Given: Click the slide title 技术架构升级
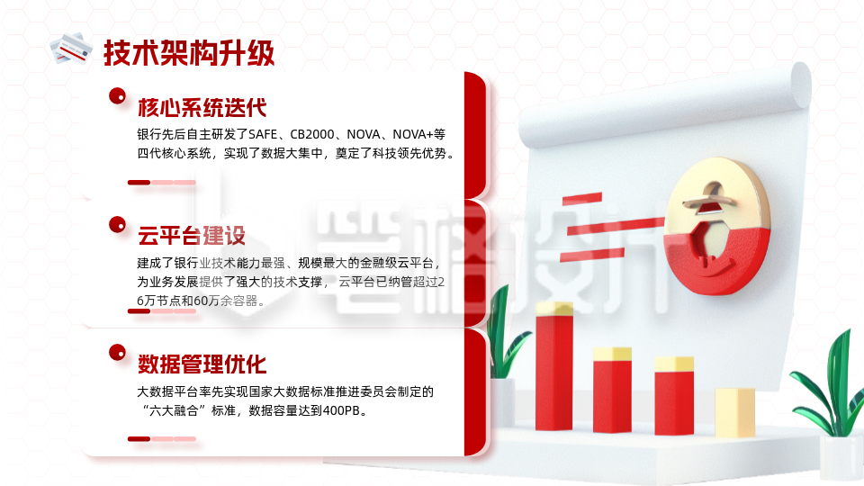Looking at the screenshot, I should point(188,52).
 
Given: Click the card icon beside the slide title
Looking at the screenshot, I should point(72,48).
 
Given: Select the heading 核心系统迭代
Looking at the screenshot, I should point(202,108).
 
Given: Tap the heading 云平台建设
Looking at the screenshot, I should point(191,237).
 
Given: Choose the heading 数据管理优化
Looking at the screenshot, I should point(202,364).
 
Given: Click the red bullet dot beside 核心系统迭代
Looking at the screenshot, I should point(116,95).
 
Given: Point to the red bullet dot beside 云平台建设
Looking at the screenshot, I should point(116,224).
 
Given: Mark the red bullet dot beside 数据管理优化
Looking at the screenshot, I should point(116,352).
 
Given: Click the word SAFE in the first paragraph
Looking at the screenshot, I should point(264,134).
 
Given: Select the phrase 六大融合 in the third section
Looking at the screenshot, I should point(177,411).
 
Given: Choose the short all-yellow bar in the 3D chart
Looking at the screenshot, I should point(734,412).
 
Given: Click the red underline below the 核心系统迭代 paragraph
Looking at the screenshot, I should point(139,182).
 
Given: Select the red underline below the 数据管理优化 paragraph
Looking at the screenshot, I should point(139,438).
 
